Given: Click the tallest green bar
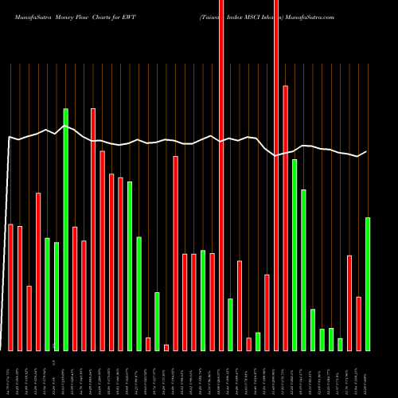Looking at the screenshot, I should (66, 229).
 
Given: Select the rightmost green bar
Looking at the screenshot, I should (368, 283).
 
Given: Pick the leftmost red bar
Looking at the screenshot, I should (11, 287).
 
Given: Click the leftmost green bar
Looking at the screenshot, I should (48, 294).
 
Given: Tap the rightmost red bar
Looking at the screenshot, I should (359, 323).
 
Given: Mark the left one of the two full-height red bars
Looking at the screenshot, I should (221, 175).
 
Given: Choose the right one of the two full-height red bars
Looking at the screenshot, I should (276, 175).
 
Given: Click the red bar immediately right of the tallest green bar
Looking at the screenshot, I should (75, 288).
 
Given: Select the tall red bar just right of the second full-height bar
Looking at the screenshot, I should (285, 217).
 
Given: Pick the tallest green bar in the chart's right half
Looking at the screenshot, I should (295, 255).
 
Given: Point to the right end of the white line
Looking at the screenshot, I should (366, 151).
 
